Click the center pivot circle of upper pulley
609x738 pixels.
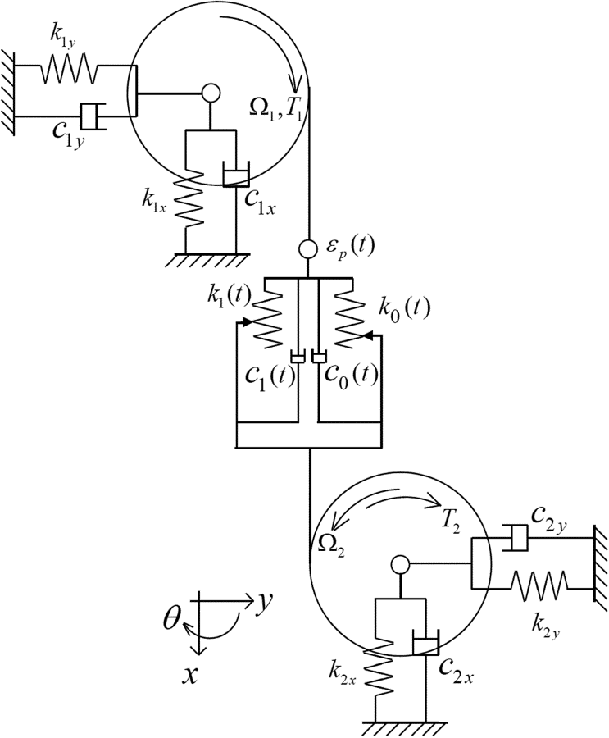(211, 93)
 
